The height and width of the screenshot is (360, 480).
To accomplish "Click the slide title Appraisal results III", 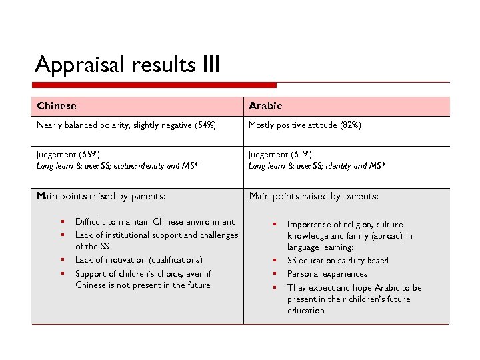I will click(x=127, y=65).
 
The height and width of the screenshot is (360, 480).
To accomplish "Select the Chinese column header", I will click(x=57, y=106).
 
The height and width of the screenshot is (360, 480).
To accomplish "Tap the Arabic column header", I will click(x=265, y=106).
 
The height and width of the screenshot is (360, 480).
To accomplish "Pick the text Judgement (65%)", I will click(x=68, y=154).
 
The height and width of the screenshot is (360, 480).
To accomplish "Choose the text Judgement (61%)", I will click(x=280, y=154).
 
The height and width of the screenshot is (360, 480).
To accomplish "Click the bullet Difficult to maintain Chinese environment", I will click(x=155, y=222).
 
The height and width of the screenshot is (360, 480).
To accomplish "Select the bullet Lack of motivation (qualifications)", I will click(x=139, y=260).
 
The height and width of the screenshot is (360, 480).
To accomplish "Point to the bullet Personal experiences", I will click(x=327, y=274).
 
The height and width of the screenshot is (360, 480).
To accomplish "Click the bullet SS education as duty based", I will click(x=337, y=261).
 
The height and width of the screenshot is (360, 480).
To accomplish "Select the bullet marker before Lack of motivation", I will click(x=61, y=260).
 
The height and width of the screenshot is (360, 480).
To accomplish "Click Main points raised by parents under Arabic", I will click(x=313, y=196).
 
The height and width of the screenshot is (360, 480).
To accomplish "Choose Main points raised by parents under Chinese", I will click(x=101, y=196).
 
